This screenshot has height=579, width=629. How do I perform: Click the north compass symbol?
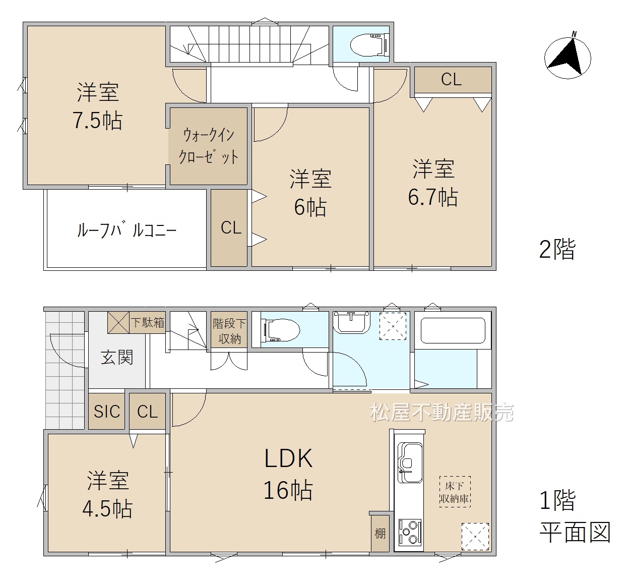pos(568,57)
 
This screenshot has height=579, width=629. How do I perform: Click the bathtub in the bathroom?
pos(453,330)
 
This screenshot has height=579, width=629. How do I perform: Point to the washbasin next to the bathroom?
pos(352,322)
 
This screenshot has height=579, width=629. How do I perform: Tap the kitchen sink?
pos(410,462)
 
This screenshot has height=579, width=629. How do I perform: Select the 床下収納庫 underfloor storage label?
pos(455,492)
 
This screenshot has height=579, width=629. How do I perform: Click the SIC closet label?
pos(107,412)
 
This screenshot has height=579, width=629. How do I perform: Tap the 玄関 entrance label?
pos(117,357)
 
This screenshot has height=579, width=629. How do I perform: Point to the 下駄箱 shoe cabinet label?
pos(148,322)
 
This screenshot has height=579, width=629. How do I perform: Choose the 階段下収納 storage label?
pos(229,331)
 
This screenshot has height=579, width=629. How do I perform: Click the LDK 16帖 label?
pos(288,474)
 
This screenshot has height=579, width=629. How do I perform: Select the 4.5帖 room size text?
pos(107,509)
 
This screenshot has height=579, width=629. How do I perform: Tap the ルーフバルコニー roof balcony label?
pos(127,230)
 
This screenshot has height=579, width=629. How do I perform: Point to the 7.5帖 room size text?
pos(97,121)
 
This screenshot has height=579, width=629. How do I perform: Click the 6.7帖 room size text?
pos(433,197)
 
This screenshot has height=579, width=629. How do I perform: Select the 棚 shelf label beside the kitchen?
pos(380,533)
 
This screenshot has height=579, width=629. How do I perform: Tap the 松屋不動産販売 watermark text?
pos(442,413)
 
